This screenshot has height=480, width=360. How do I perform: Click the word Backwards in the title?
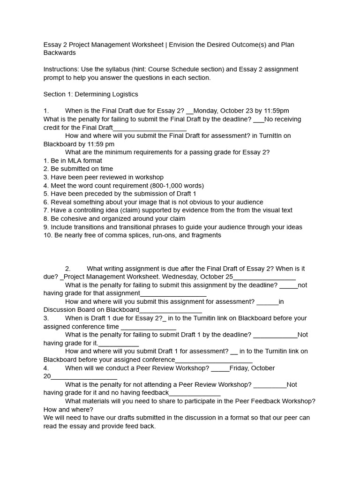coord(60,53)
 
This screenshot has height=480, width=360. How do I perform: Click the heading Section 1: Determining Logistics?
coord(90,94)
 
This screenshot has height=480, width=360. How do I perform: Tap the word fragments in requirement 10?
coord(203,235)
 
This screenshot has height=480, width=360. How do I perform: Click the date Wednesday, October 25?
coord(198,277)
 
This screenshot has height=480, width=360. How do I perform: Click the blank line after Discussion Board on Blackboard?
coord(171,310)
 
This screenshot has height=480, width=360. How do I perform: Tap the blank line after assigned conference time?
coord(149,327)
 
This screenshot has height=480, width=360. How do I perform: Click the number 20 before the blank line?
coord(47,376)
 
